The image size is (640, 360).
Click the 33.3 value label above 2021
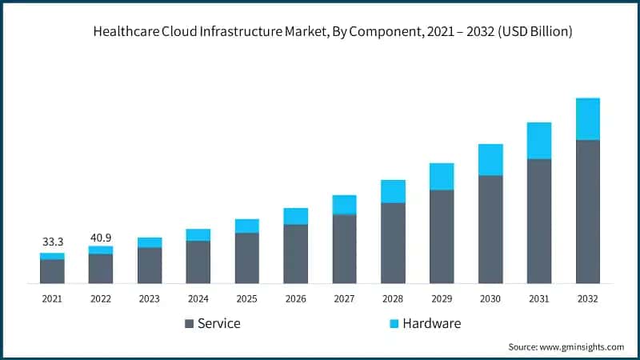[x=52, y=241]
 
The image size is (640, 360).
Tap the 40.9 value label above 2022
[x=101, y=238]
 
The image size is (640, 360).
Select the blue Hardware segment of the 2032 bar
[x=588, y=119]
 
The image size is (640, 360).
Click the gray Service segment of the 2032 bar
[x=588, y=212]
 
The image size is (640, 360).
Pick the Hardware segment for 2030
[x=490, y=160]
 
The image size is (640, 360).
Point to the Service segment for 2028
[x=393, y=243]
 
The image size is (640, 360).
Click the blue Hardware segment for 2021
[x=52, y=256]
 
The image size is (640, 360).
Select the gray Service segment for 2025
[x=247, y=258]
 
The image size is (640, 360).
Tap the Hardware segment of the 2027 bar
[x=344, y=205]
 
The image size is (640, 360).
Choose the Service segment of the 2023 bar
[x=150, y=266]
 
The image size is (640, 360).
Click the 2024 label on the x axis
[x=198, y=298]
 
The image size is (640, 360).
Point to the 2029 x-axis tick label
[x=442, y=298]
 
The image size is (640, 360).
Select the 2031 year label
[x=539, y=298]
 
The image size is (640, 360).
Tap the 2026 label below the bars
[x=296, y=298]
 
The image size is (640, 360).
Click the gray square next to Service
[x=189, y=324]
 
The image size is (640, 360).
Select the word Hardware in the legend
[x=432, y=324]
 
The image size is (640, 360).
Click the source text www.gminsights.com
[x=583, y=347]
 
